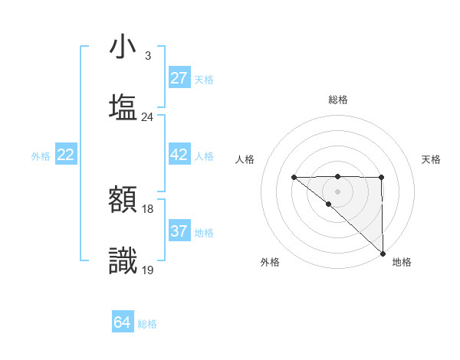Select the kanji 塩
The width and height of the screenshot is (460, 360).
[123, 106]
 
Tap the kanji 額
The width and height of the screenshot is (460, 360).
[123, 200]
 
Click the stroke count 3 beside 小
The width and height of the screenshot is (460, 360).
[148, 56]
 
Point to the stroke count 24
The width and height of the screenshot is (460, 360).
[148, 117]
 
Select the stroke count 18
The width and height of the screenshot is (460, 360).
[148, 209]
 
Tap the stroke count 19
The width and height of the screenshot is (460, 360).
[148, 270]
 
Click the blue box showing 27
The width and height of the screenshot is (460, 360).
[179, 78]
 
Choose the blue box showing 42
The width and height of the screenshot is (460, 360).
[179, 155]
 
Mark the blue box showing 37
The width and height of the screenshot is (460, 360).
[179, 231]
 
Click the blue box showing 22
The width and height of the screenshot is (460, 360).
[66, 155]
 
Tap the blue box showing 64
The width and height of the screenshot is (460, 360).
[123, 322]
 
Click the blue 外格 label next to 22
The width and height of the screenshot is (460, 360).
[41, 156]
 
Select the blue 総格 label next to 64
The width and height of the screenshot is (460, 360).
[148, 324]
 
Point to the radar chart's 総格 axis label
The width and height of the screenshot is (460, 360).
[338, 100]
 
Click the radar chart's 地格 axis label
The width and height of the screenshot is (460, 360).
[402, 262]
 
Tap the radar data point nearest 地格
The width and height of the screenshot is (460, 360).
[383, 254]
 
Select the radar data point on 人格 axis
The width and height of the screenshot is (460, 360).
[294, 178]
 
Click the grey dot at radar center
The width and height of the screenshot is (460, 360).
[338, 191]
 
